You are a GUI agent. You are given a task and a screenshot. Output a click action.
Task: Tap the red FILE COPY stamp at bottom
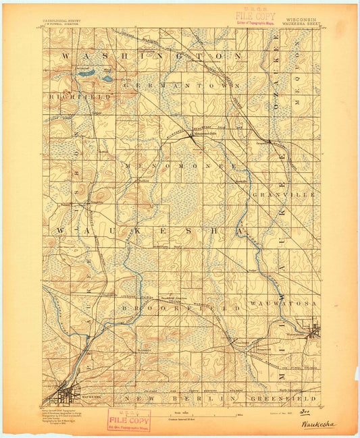pyautogui.click(x=128, y=421)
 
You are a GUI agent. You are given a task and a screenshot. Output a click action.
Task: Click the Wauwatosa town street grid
pyautogui.click(x=313, y=331)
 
